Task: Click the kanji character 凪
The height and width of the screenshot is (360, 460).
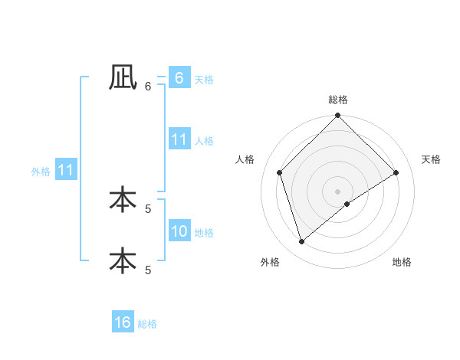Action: (x=123, y=77)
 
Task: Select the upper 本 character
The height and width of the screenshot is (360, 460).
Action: (x=123, y=199)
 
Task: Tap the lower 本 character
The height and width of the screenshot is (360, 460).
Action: (x=123, y=260)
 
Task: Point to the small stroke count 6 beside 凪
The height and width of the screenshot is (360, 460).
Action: (x=148, y=86)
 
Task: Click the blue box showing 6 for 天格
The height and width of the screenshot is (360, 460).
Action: (x=179, y=78)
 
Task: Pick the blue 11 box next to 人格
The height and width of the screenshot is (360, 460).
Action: (x=179, y=139)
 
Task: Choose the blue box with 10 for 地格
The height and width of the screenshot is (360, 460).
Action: (x=179, y=231)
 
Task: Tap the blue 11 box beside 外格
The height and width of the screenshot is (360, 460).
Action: (x=65, y=170)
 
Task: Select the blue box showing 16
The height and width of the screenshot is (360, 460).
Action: (x=123, y=322)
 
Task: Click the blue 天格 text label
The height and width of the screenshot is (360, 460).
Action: (x=204, y=80)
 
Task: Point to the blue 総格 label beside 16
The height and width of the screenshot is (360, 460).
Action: (x=147, y=324)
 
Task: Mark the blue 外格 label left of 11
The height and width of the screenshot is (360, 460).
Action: (x=41, y=172)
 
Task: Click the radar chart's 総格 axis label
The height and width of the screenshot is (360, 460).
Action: (x=337, y=100)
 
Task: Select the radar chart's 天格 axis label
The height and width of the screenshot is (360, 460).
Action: (x=431, y=159)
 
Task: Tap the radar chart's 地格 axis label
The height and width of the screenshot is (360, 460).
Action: (x=402, y=262)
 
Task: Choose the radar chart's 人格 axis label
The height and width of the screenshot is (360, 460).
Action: (x=245, y=159)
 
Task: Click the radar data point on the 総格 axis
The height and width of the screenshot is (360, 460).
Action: (x=337, y=116)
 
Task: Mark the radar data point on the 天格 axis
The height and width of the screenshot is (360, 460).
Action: (x=396, y=172)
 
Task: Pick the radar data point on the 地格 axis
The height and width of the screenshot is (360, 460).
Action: (x=347, y=204)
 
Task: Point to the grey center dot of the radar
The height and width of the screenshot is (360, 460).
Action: (x=337, y=191)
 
